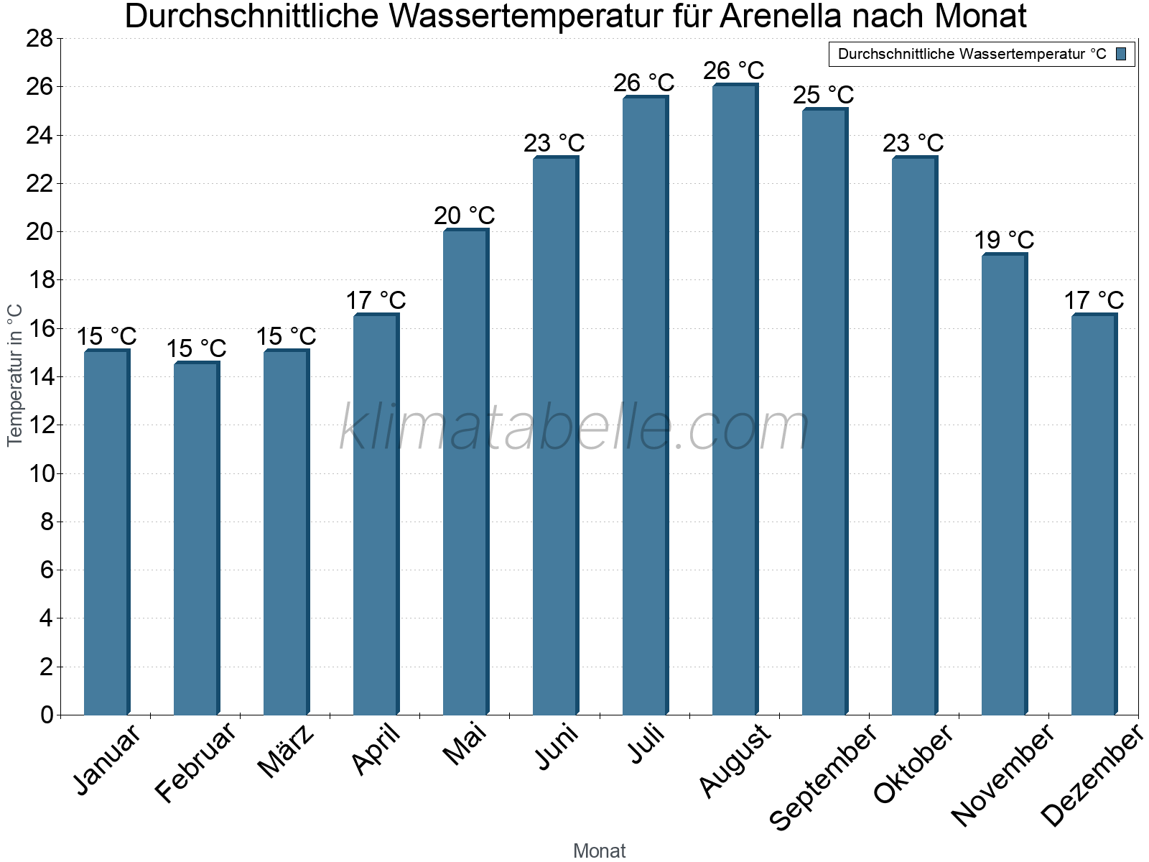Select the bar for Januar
(106, 532)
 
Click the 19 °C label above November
(1004, 240)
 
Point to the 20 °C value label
(465, 215)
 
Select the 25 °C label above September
(824, 95)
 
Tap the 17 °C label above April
(376, 300)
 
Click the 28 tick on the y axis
(39, 39)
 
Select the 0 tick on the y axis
(47, 715)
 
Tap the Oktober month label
(913, 764)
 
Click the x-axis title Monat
(600, 851)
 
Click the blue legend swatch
(1121, 54)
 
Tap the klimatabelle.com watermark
(574, 428)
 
